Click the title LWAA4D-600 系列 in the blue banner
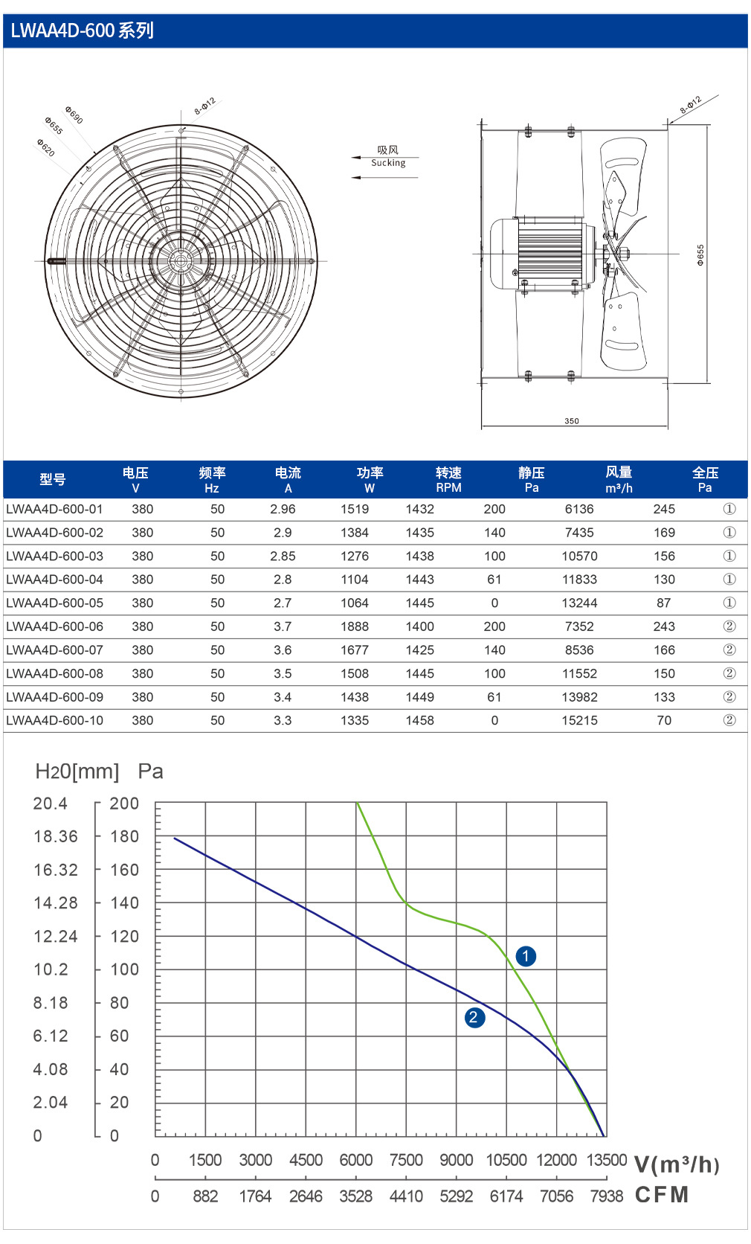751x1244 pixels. (x=82, y=31)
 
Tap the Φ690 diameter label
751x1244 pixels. (x=74, y=115)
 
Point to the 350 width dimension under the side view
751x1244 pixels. (x=572, y=421)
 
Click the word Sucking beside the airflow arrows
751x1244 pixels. (x=388, y=163)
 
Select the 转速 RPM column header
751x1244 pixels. (x=448, y=480)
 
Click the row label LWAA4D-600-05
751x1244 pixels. (x=54, y=603)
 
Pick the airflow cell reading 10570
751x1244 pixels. (x=579, y=557)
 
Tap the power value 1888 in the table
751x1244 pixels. (x=355, y=626)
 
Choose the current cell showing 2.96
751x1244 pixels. (x=283, y=509)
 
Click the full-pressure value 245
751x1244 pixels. (x=664, y=509)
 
